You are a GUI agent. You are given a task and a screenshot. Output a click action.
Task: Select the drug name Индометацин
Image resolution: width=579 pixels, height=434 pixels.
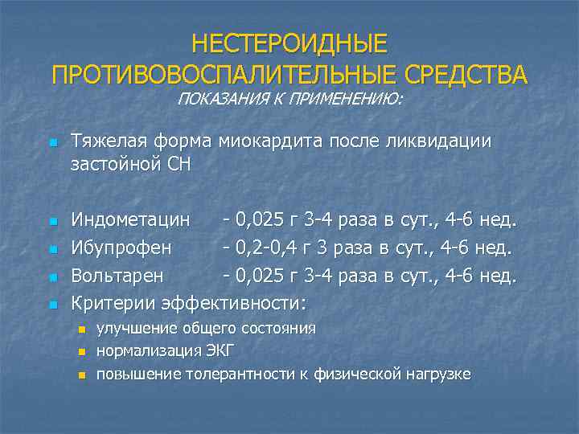[131, 219]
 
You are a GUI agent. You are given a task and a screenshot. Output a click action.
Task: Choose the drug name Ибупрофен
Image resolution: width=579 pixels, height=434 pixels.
[121, 248]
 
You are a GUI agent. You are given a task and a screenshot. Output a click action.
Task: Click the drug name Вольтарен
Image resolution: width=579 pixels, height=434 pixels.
[117, 276]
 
